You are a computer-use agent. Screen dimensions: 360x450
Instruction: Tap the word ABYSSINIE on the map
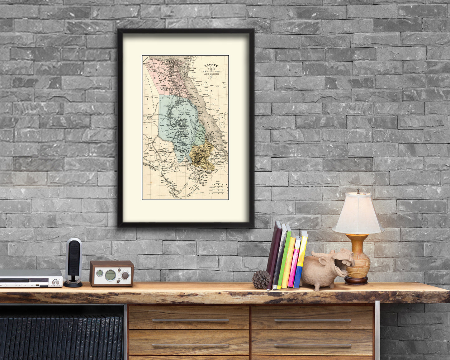(x=212, y=74)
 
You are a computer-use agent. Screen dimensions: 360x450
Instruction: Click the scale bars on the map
(x=217, y=189)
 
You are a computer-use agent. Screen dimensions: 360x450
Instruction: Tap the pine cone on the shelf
(x=261, y=279)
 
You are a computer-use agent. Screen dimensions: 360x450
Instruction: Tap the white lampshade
(x=358, y=214)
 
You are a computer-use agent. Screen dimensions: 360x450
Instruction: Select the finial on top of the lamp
(x=358, y=191)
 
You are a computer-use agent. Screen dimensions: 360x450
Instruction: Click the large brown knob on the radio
(x=125, y=275)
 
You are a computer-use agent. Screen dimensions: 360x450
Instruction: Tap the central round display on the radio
(x=110, y=275)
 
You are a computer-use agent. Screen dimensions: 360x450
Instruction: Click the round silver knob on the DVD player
(x=56, y=282)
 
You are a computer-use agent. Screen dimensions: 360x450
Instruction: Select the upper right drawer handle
(x=312, y=320)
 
